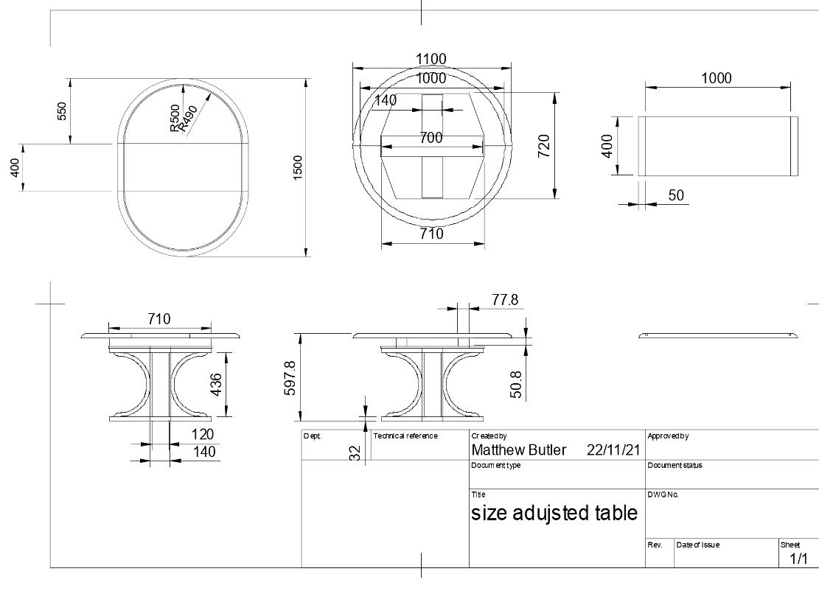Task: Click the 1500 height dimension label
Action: tap(298, 167)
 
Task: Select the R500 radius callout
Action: tap(175, 118)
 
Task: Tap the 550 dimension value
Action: tap(62, 111)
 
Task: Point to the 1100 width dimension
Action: tap(431, 59)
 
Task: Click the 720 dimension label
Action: tap(544, 146)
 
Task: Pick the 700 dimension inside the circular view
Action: tap(431, 138)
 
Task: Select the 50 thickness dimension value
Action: tap(676, 195)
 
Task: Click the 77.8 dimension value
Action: tap(505, 300)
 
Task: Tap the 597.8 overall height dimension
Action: tap(290, 378)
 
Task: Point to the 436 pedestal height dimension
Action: tap(215, 384)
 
